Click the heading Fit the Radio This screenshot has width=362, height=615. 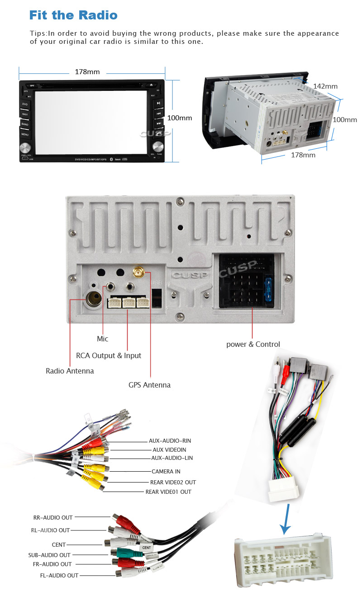click(x=73, y=15)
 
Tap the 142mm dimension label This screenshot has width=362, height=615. click(x=325, y=86)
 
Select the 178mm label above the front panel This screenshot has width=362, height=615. click(x=87, y=72)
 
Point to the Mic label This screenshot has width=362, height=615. click(x=103, y=339)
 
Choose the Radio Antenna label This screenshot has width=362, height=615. click(x=70, y=371)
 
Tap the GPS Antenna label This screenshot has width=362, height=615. click(x=149, y=385)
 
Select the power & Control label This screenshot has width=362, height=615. click(x=253, y=344)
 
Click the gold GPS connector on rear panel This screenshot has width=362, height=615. click(x=137, y=273)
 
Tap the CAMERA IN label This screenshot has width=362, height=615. click(x=166, y=472)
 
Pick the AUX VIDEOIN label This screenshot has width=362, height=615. click(x=169, y=450)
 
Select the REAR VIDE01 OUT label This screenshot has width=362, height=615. click(x=168, y=492)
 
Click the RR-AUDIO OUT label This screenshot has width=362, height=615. click(x=53, y=517)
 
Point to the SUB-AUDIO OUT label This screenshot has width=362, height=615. click(x=49, y=555)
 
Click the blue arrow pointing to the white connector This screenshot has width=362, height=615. click(x=286, y=520)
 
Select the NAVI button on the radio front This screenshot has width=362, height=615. click(x=25, y=114)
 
